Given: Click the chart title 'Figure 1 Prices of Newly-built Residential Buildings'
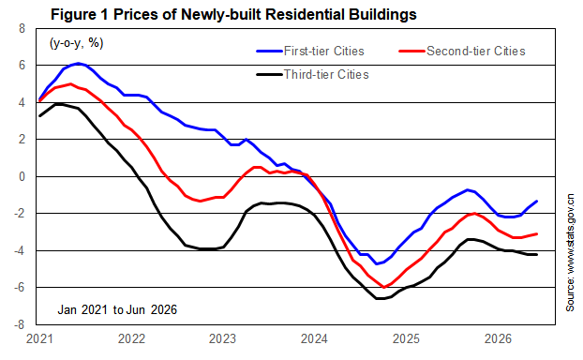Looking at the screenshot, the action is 233,14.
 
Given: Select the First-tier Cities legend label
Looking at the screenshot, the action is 324,51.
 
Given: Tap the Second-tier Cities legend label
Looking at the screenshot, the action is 476,51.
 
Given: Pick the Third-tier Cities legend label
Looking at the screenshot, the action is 326,74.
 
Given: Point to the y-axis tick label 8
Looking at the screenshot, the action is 22,29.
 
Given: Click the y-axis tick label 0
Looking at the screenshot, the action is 22,176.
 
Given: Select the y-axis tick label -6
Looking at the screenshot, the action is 20,288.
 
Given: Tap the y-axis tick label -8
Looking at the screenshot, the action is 20,324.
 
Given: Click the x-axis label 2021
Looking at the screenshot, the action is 39,339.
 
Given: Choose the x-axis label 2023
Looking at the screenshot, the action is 222,339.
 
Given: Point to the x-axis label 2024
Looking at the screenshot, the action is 314,339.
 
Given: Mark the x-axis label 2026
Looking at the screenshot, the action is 499,339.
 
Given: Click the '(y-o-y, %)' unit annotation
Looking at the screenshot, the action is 77,43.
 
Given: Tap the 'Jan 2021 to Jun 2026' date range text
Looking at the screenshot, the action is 117,309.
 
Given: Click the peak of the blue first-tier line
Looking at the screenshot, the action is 78,63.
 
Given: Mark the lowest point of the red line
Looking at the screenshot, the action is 383,287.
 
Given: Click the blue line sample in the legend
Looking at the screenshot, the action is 269,51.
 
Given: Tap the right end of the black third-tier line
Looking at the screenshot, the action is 536,254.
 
